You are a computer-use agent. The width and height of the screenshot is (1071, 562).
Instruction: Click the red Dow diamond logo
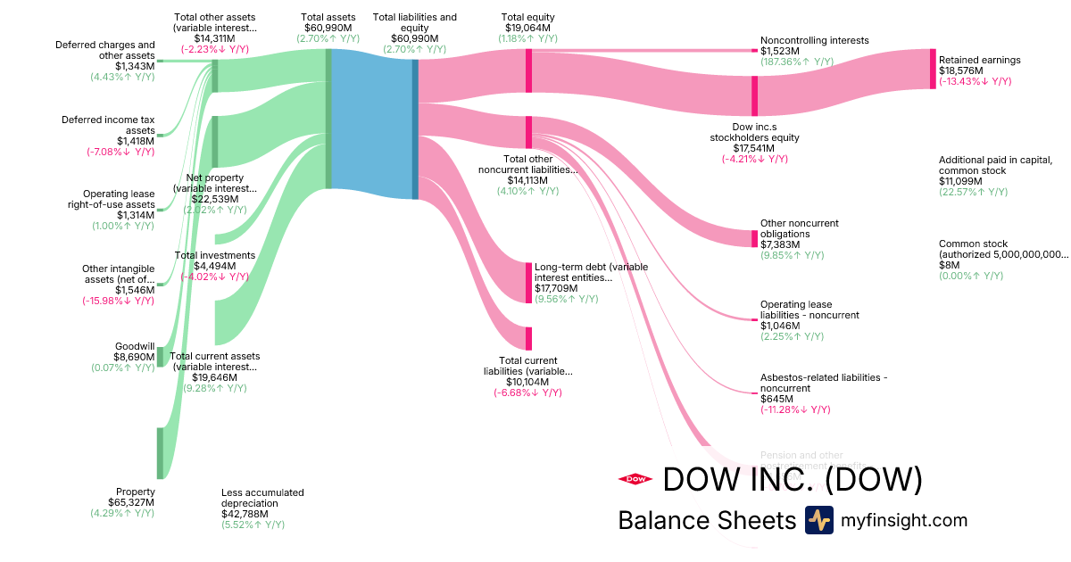tap(635, 479)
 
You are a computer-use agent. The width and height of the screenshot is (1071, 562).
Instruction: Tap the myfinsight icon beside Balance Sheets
tap(818, 520)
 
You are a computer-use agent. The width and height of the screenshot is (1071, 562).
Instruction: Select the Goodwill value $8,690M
tap(135, 357)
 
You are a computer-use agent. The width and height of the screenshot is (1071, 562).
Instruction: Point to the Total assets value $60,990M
tap(328, 28)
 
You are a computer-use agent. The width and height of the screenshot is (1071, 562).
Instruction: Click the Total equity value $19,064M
tap(527, 28)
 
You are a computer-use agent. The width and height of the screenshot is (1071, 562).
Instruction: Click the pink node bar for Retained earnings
tap(933, 69)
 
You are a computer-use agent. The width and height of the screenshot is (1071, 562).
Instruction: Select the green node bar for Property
tap(161, 452)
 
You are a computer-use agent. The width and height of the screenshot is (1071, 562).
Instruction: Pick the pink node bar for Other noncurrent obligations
tap(754, 238)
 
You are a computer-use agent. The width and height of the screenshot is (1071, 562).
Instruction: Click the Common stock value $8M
tap(951, 265)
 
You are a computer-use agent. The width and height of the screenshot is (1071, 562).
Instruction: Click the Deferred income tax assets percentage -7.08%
tap(120, 152)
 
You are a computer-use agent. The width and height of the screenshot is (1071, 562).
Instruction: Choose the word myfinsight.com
tap(903, 520)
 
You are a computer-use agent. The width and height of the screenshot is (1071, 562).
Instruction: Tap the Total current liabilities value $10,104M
tap(527, 382)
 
